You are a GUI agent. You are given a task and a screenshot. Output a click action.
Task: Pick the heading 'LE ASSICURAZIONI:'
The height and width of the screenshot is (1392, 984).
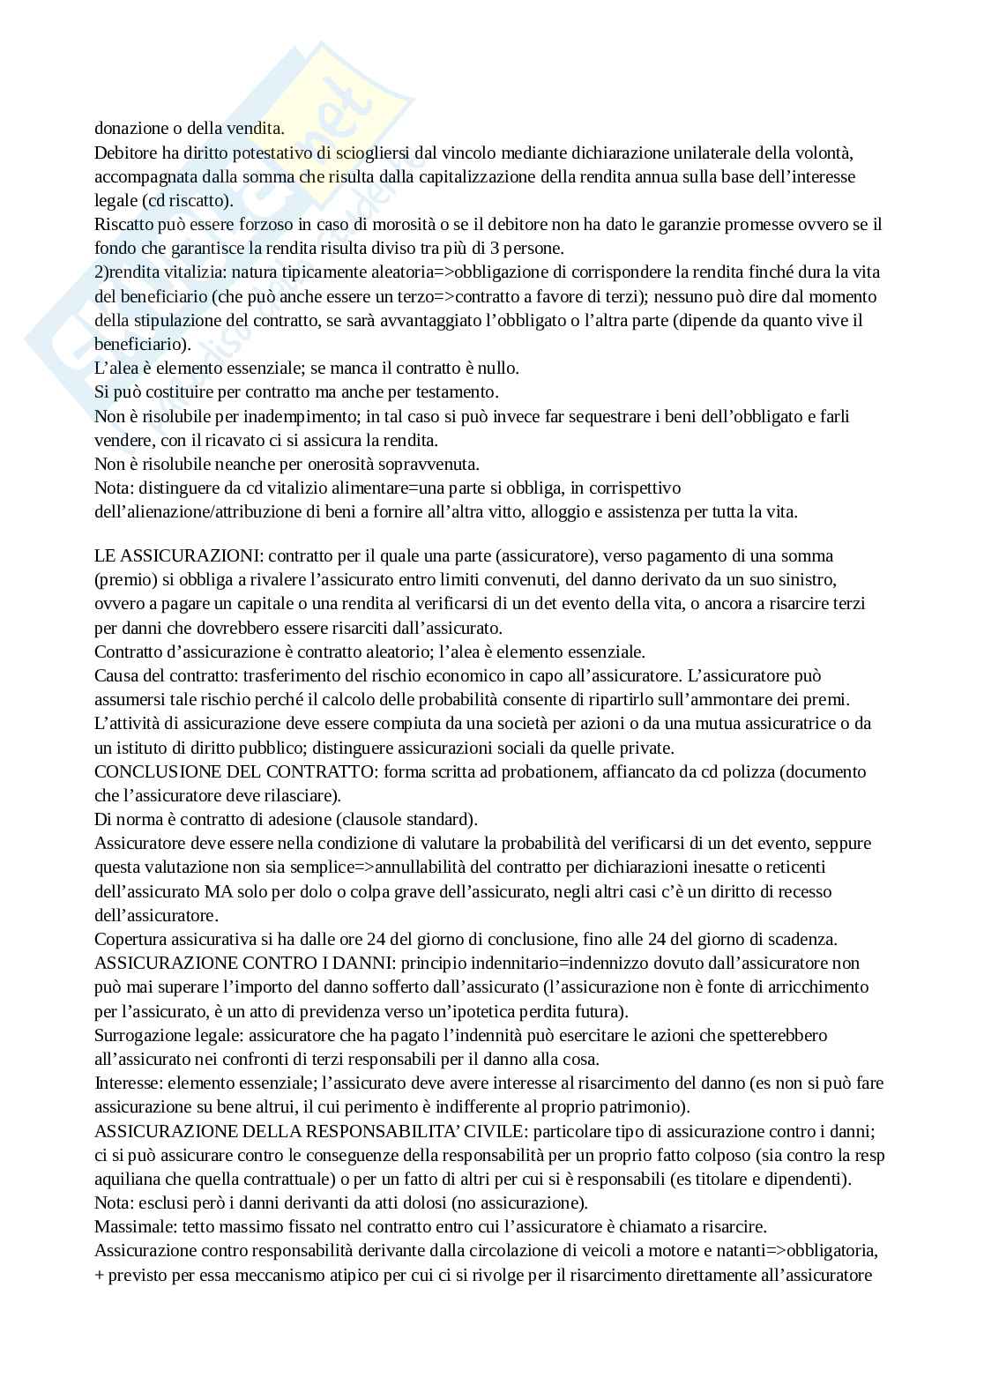point(178,556)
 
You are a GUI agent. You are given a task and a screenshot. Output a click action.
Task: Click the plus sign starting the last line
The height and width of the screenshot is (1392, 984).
point(100,1275)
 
